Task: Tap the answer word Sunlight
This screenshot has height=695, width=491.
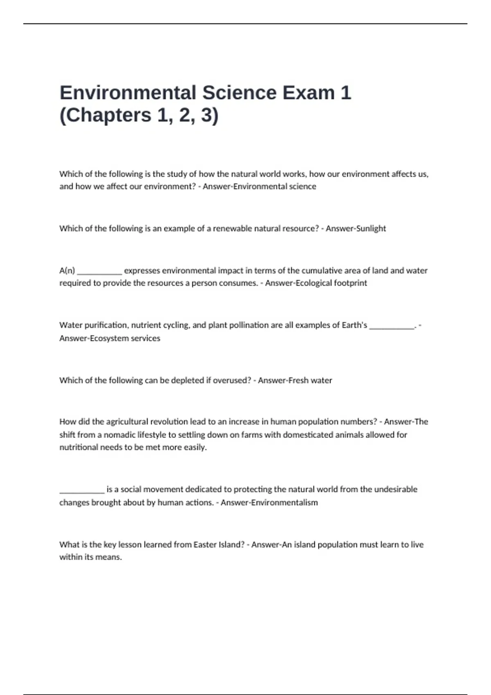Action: click(371, 229)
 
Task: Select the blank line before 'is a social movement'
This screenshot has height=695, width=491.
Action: click(82, 490)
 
